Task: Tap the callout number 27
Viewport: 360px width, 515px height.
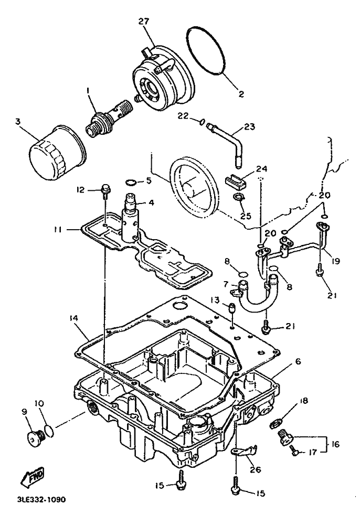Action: pos(144,22)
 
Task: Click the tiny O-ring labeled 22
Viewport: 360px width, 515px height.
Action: pos(202,122)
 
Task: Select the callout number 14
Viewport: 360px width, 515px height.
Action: pos(74,318)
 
